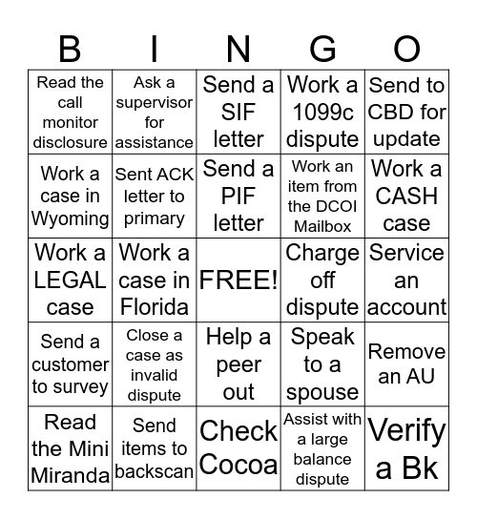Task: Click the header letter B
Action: tap(70, 48)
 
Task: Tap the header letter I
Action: tap(154, 48)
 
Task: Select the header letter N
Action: tap(238, 48)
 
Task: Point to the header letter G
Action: tap(322, 48)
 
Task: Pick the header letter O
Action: tap(406, 48)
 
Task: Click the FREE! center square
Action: tap(238, 280)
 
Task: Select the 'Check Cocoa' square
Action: tap(238, 447)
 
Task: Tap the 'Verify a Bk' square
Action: tap(406, 447)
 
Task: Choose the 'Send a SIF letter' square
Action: tap(238, 112)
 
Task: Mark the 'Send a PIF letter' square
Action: tap(238, 196)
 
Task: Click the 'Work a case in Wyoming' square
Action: tap(70, 196)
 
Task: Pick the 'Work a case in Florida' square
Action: tap(154, 280)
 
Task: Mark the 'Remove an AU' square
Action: tap(406, 363)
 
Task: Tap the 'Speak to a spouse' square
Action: tap(322, 363)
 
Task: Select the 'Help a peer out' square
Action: tap(238, 363)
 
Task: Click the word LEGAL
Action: tap(70, 280)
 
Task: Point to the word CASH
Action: tap(406, 197)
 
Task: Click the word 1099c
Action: tap(322, 113)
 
